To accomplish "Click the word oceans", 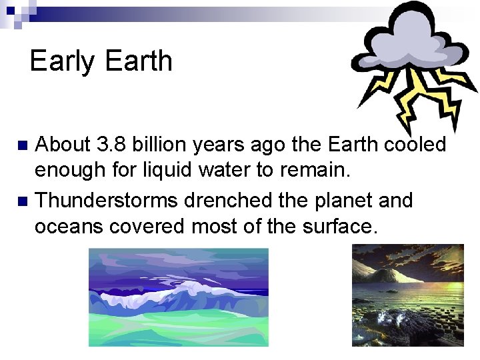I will [x=73, y=226].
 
